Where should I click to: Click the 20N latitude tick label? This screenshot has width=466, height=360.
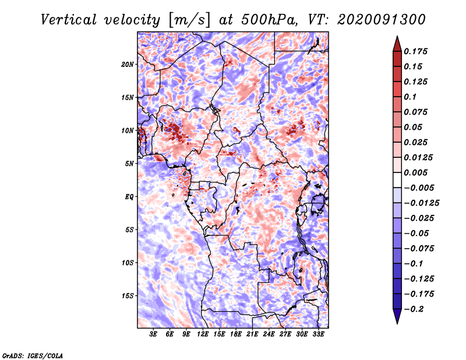[128, 65]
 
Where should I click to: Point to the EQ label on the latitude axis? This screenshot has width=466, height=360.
[129, 197]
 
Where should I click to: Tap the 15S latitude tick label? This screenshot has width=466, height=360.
[128, 296]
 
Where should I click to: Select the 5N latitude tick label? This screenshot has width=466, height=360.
[129, 164]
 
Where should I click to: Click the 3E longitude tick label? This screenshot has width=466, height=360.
[153, 334]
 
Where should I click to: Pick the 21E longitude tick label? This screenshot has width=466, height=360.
[252, 334]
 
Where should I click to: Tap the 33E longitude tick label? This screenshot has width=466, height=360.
[318, 334]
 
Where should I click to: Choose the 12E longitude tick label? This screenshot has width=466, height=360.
[202, 334]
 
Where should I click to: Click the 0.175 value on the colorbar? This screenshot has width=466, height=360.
[415, 51]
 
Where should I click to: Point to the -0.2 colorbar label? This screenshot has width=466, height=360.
[414, 309]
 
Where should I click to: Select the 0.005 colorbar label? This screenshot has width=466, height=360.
[415, 172]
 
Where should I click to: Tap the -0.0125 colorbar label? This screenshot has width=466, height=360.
[421, 203]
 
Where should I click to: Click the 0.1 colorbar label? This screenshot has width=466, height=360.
[410, 97]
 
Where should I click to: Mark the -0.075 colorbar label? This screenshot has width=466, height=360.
[419, 249]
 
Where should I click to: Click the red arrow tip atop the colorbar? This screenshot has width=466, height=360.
[397, 36]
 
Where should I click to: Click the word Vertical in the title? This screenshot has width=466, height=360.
[68, 20]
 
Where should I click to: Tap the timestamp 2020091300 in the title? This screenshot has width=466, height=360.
[382, 20]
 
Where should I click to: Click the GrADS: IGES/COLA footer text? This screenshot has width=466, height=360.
[33, 355]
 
